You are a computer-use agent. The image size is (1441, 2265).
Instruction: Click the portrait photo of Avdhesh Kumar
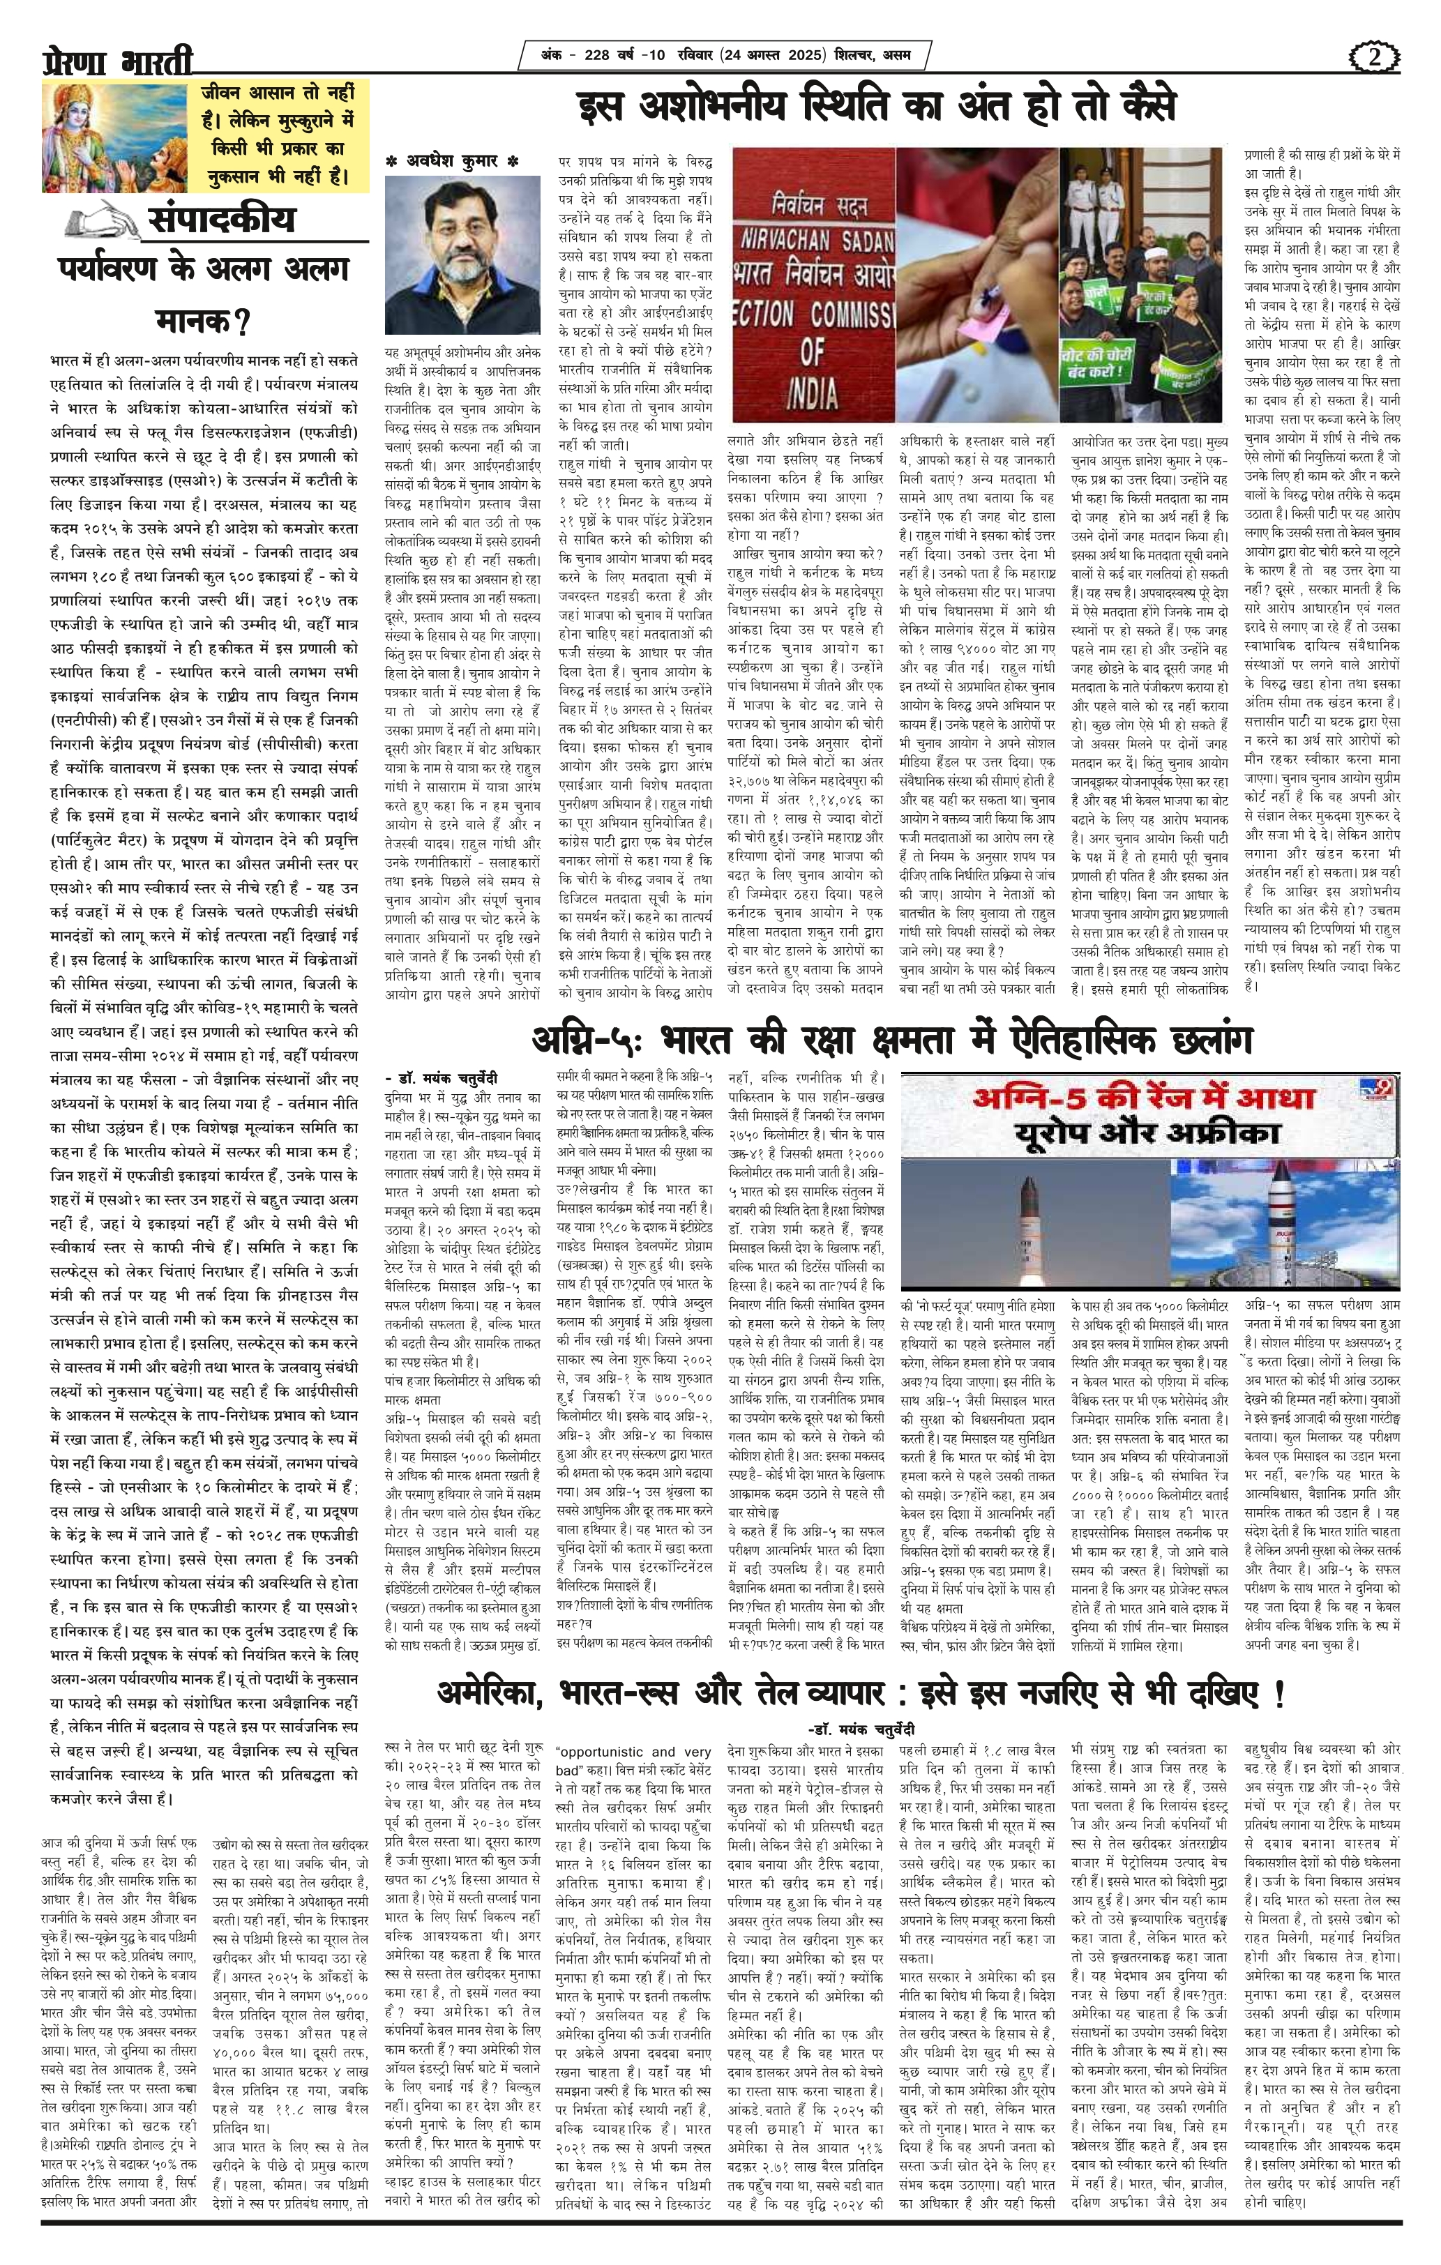[462, 257]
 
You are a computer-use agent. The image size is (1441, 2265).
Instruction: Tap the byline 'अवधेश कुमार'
[451, 162]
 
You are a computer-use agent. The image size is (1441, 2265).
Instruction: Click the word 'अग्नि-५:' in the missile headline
[585, 1043]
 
